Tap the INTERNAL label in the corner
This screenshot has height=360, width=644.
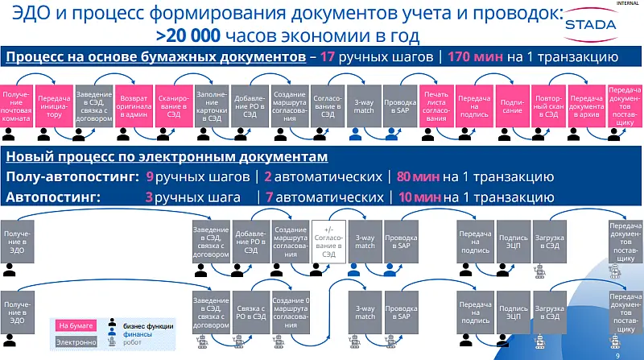[x=626, y=4]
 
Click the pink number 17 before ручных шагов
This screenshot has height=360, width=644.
[x=328, y=58]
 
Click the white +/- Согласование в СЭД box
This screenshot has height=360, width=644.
[x=328, y=239]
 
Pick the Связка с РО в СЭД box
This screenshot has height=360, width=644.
[x=250, y=310]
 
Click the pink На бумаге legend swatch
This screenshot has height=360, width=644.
[x=73, y=325]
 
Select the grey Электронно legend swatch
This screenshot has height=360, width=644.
[x=73, y=341]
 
